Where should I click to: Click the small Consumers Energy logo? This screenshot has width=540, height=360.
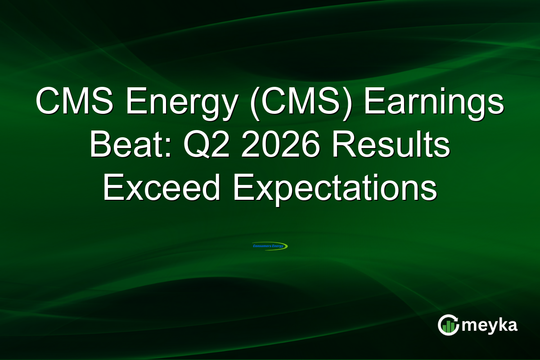click(270, 246)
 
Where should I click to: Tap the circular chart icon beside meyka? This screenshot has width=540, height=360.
click(449, 325)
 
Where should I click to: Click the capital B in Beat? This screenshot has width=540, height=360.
click(100, 146)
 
